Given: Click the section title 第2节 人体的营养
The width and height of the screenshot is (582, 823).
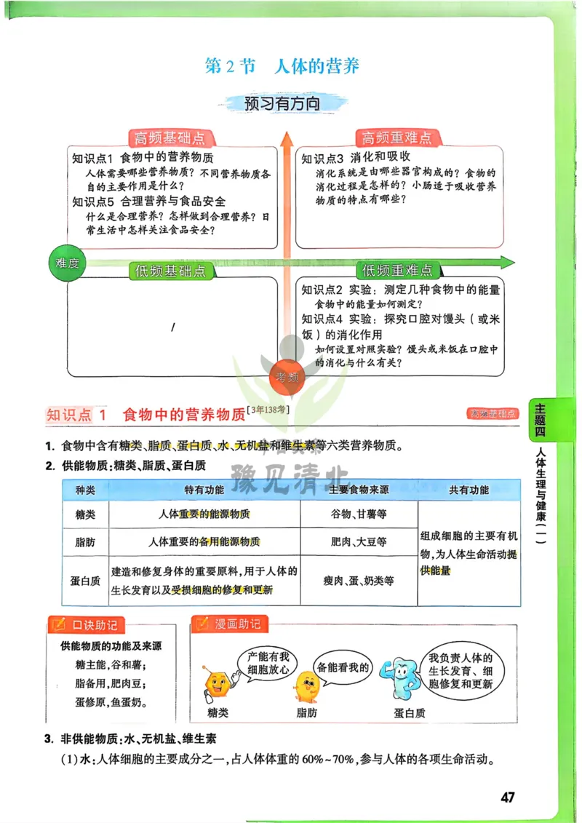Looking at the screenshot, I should tap(282, 66).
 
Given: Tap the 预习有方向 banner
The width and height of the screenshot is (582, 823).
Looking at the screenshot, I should tap(283, 103).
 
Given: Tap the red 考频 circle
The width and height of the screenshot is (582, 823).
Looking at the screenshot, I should tap(287, 376).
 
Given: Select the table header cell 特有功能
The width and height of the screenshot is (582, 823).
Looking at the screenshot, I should tap(204, 490).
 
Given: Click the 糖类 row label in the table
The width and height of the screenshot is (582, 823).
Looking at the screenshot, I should tap(85, 514).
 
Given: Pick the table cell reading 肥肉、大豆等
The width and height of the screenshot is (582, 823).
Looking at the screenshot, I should tap(359, 541).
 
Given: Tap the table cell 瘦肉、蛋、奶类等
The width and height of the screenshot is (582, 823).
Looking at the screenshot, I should tap(359, 581).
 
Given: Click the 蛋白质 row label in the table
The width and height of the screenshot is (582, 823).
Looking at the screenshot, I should tap(85, 581).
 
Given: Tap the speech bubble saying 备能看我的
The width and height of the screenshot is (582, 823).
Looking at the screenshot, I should tap(343, 667).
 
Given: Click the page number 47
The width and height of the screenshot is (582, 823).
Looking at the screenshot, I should tap(508, 797).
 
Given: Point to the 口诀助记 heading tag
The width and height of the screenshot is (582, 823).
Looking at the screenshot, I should tap(87, 624).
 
